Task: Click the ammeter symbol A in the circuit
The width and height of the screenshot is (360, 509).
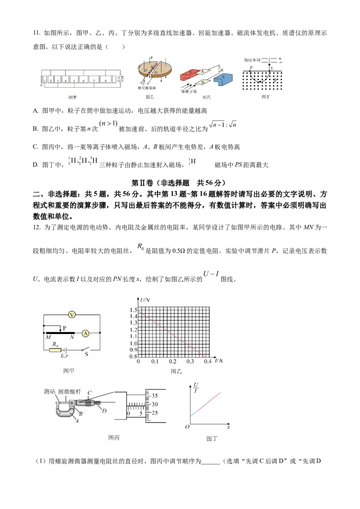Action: pyautogui.click(x=85, y=333)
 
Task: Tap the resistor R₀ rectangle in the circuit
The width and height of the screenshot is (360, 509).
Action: pyautogui.click(x=55, y=350)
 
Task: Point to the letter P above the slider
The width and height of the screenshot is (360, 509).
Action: pyautogui.click(x=65, y=329)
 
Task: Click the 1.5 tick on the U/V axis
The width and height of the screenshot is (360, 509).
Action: pyautogui.click(x=133, y=310)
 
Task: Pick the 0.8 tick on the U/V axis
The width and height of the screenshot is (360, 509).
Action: pyautogui.click(x=133, y=357)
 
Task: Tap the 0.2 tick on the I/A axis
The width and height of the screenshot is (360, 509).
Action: pyautogui.click(x=173, y=362)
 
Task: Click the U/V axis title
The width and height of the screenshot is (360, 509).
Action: pyautogui.click(x=145, y=300)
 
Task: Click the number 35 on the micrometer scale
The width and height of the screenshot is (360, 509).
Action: pyautogui.click(x=154, y=396)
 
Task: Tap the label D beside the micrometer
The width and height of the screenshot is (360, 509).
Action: pyautogui.click(x=104, y=410)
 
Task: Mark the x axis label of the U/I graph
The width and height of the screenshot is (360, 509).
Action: pyautogui.click(x=228, y=427)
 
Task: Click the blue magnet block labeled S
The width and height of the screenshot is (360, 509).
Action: pyautogui.click(x=224, y=79)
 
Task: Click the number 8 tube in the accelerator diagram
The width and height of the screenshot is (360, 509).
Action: pyautogui.click(x=105, y=80)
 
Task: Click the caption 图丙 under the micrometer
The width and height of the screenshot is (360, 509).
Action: pyautogui.click(x=114, y=437)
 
